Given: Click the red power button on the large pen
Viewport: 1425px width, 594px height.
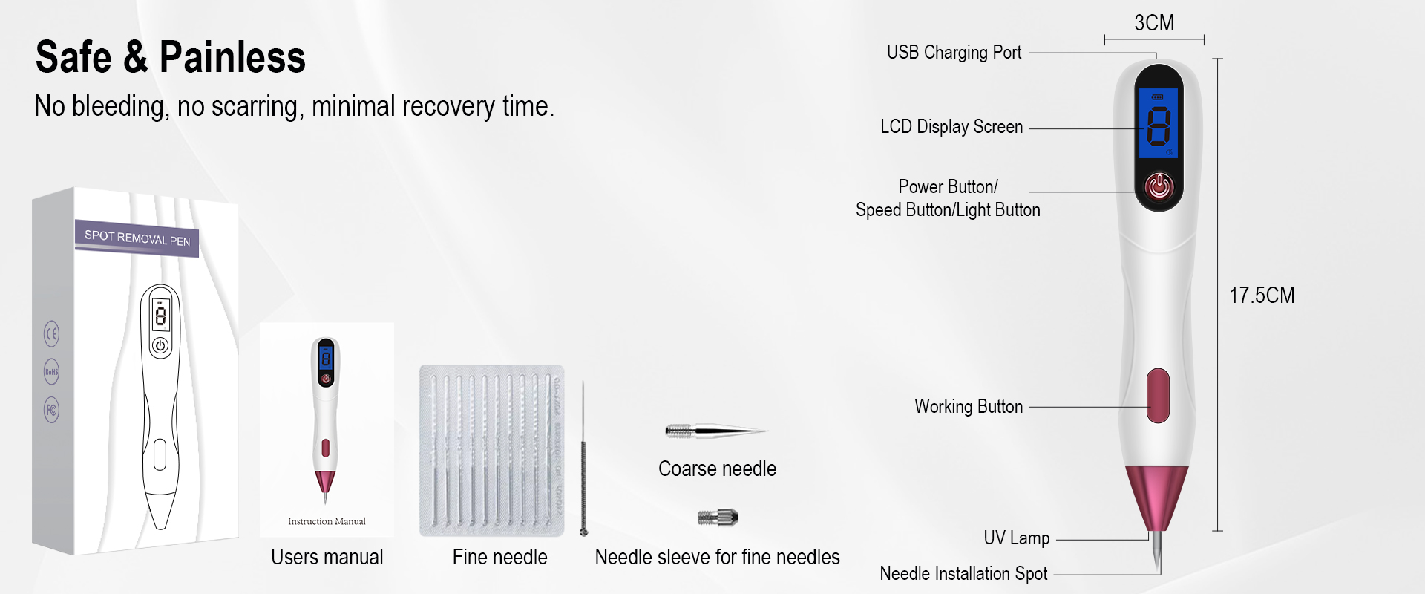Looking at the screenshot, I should pos(1159,186).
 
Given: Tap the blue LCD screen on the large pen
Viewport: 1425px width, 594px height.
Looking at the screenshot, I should pos(1159,123).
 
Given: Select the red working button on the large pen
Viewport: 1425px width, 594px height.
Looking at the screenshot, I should pos(1158,396).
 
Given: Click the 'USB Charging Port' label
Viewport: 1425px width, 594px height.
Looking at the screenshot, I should pos(954,53).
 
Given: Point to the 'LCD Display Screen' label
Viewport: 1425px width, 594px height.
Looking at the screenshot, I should pos(951,127).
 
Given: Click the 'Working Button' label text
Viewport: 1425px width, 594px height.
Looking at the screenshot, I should pos(968,407).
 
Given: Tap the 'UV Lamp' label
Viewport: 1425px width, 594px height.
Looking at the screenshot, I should pos(1016,538).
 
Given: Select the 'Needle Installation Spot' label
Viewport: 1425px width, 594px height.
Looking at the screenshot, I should pos(963,574).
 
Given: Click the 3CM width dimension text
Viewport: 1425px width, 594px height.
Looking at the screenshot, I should pos(1154,23).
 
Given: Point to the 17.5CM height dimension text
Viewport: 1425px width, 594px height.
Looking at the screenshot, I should pos(1262,296).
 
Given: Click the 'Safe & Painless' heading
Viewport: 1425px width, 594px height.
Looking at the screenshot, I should pos(170,57).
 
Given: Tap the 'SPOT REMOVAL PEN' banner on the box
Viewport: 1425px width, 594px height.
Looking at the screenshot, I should pos(137,238).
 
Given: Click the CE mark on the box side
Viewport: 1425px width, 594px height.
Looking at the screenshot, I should pos(51,334).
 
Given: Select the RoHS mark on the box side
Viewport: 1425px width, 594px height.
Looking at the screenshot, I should pos(51,372).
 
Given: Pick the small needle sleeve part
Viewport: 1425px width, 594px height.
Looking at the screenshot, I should pos(718,517).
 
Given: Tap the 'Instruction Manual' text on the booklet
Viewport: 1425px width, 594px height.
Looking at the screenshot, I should pos(327,522).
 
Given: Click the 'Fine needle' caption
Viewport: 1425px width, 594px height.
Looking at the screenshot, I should pos(499,558).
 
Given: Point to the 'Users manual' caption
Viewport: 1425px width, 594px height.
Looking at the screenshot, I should pos(327,558).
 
